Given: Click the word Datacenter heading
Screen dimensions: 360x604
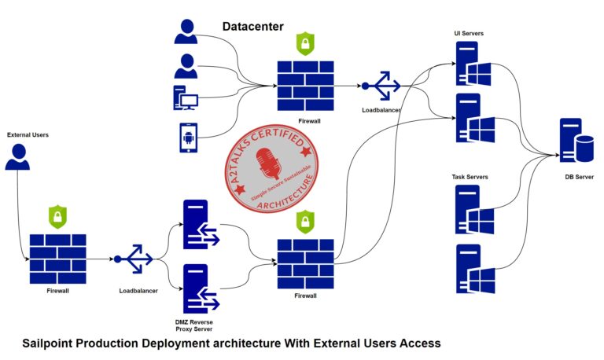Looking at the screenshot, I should (252, 27).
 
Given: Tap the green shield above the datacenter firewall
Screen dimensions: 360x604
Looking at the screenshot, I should (304, 43).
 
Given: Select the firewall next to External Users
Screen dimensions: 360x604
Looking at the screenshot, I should (57, 259).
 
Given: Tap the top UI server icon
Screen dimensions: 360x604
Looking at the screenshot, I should (472, 64).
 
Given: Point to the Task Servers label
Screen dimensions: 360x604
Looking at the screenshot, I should (470, 178).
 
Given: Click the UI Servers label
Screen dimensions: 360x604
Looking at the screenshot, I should (469, 34).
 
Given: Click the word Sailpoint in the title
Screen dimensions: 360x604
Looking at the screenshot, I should (53, 343).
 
